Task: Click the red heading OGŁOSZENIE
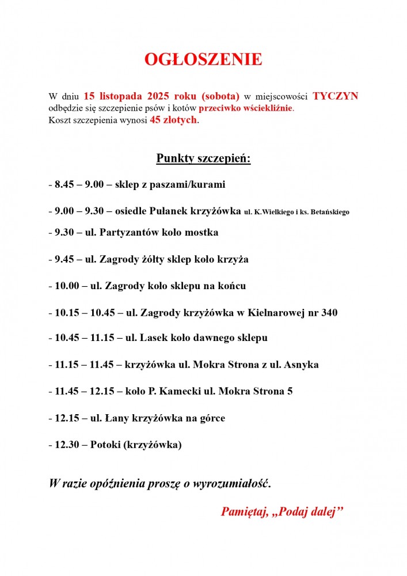(203, 59)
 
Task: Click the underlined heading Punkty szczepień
(203, 158)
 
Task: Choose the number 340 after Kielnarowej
(329, 313)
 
